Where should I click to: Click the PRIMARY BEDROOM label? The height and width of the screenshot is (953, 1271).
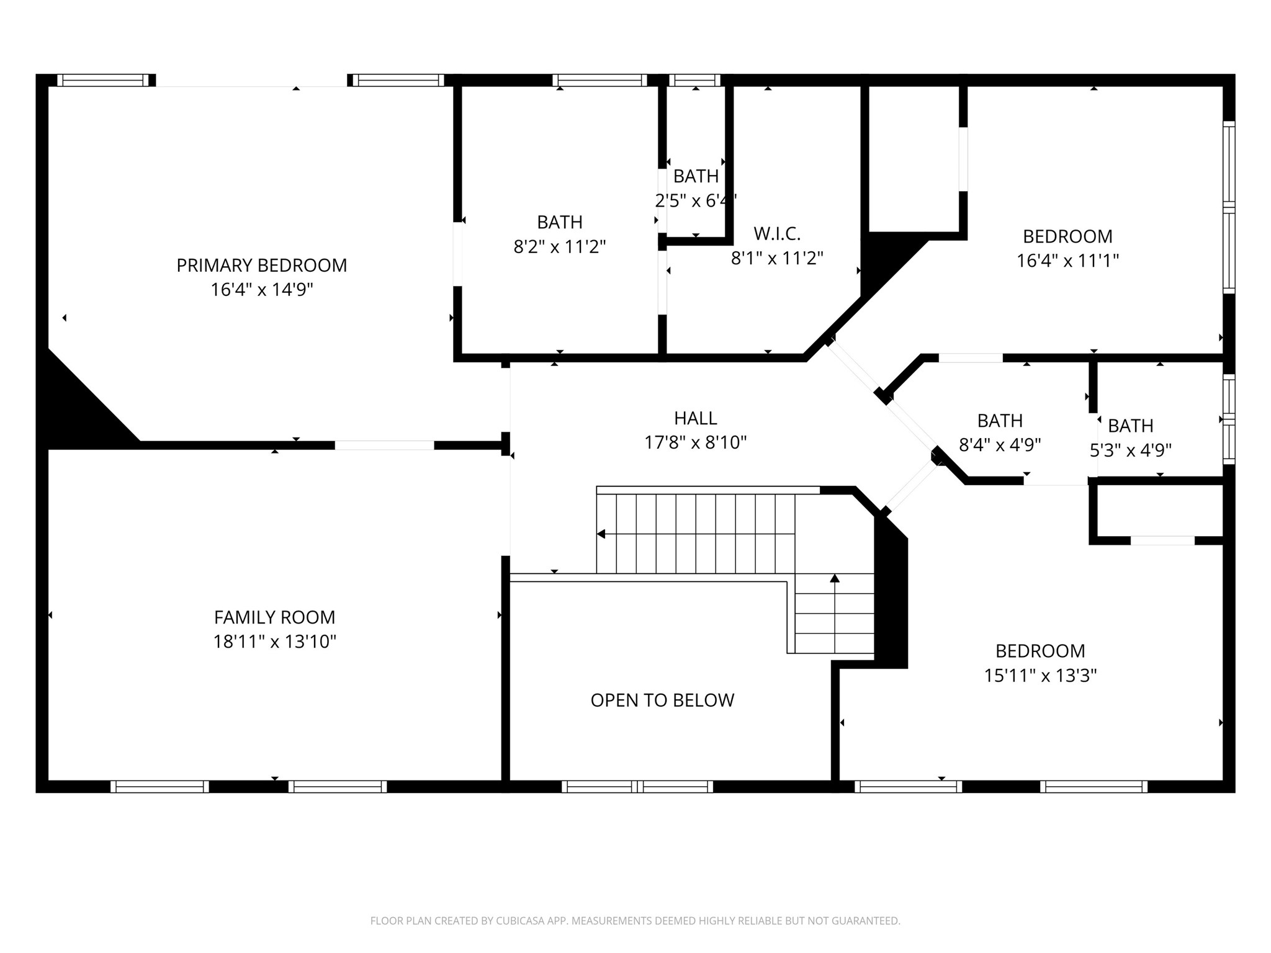[262, 266]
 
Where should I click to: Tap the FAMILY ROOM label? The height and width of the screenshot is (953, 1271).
[274, 617]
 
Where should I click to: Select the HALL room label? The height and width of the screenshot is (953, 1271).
[696, 418]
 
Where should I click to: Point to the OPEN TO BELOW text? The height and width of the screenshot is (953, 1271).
[662, 700]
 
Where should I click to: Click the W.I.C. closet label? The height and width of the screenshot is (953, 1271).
[777, 234]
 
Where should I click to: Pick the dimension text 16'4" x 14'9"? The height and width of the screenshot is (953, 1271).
[262, 290]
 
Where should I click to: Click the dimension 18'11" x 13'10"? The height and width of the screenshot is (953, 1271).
[275, 642]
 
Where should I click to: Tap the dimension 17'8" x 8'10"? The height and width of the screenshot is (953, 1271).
[696, 442]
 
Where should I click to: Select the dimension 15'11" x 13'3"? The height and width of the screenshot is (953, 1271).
[1041, 675]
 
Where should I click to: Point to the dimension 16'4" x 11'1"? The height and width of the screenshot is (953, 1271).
[1067, 261]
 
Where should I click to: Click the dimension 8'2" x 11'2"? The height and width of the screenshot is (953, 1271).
[560, 247]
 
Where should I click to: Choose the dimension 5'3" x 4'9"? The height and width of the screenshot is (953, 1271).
[1131, 450]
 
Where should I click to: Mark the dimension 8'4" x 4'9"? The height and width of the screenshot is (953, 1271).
[1000, 445]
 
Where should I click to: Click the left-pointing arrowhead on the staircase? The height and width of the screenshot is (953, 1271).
[601, 534]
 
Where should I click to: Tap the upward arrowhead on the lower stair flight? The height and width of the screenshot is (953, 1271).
[835, 578]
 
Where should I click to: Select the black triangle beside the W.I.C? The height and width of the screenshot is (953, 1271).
[887, 261]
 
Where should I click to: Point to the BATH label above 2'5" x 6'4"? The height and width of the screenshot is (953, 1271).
[696, 176]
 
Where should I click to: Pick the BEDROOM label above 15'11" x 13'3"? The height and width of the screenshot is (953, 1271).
[1041, 651]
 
